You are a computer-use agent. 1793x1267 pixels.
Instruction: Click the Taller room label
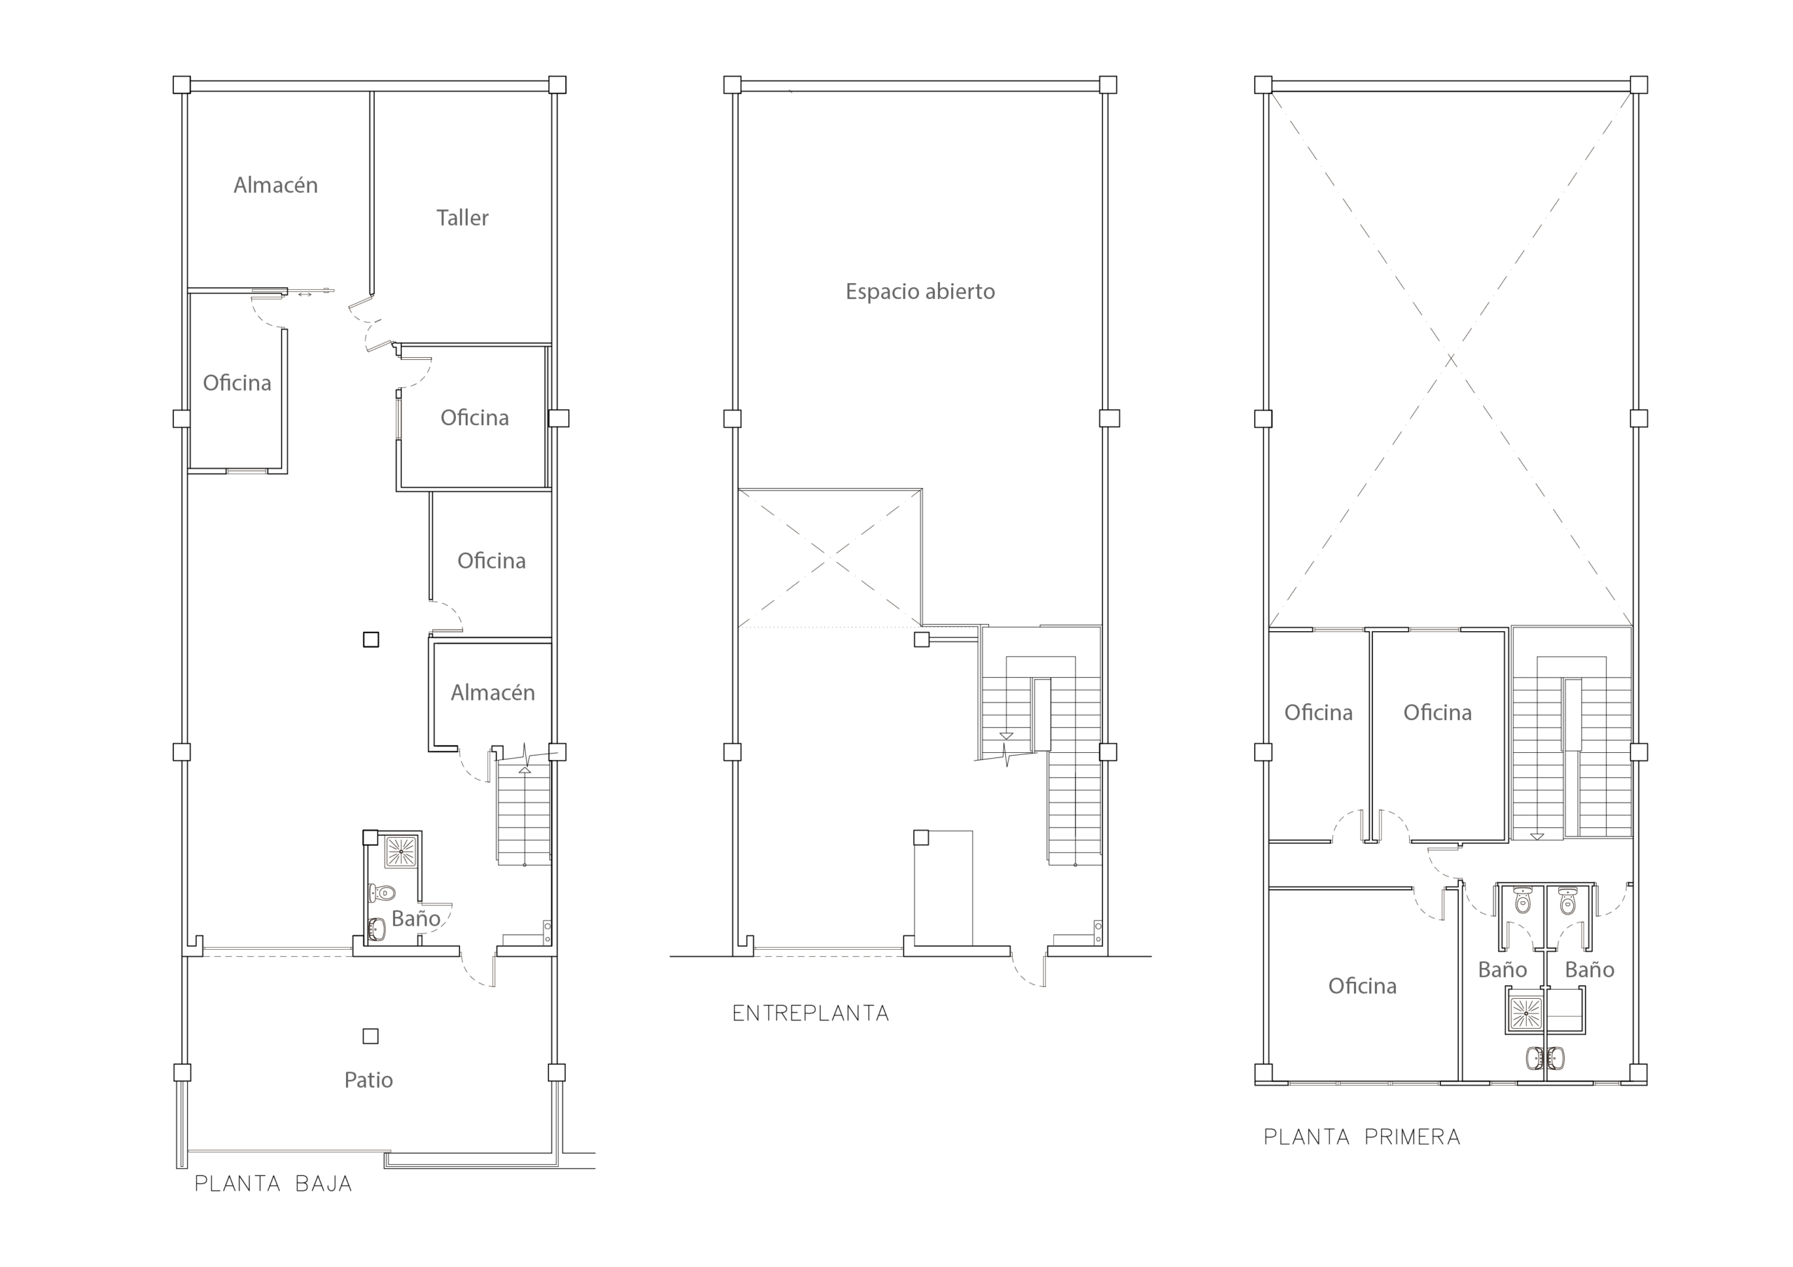click(462, 218)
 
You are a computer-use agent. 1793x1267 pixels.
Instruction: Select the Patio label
click(368, 1080)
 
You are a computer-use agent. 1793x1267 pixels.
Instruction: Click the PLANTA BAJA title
click(273, 1184)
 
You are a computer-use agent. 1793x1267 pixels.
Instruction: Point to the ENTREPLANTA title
click(810, 1014)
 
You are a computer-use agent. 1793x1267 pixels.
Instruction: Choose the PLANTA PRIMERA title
click(1362, 1137)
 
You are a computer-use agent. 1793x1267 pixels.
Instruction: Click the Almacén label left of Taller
click(276, 185)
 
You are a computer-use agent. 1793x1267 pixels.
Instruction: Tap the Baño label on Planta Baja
click(416, 919)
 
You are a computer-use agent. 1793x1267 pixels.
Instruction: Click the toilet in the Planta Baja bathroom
click(382, 892)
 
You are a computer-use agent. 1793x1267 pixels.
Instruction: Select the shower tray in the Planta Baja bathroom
click(401, 852)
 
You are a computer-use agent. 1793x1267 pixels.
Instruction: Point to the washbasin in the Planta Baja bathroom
click(378, 929)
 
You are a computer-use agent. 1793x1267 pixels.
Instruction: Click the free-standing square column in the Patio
click(371, 1037)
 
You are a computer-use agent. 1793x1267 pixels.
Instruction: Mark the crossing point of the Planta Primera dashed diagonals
click(1451, 360)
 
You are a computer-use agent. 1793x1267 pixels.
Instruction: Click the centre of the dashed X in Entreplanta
click(830, 558)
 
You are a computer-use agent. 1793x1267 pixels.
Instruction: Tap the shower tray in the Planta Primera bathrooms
click(1525, 1013)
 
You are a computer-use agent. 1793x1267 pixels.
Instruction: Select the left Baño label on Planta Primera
click(1502, 970)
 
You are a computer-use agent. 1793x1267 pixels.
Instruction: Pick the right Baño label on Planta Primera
click(1589, 970)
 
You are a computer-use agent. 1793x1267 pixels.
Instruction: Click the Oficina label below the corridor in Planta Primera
click(1363, 987)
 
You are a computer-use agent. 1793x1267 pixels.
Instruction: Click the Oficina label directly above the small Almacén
click(491, 561)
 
